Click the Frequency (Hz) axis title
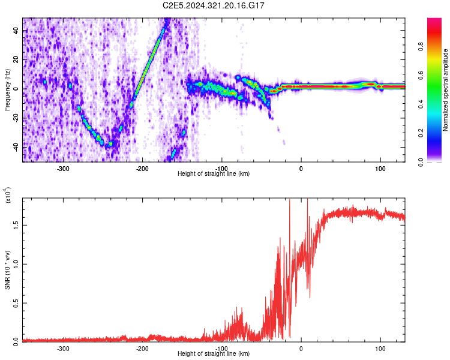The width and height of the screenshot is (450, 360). point(8,89)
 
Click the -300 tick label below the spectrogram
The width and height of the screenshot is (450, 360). point(63,168)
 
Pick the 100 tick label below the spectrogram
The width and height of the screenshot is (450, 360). point(380,168)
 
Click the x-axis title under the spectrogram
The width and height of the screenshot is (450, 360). point(214,173)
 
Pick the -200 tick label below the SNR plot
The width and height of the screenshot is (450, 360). point(142,347)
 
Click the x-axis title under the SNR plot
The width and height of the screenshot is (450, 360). point(214,353)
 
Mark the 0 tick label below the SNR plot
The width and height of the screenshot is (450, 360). point(301,347)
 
